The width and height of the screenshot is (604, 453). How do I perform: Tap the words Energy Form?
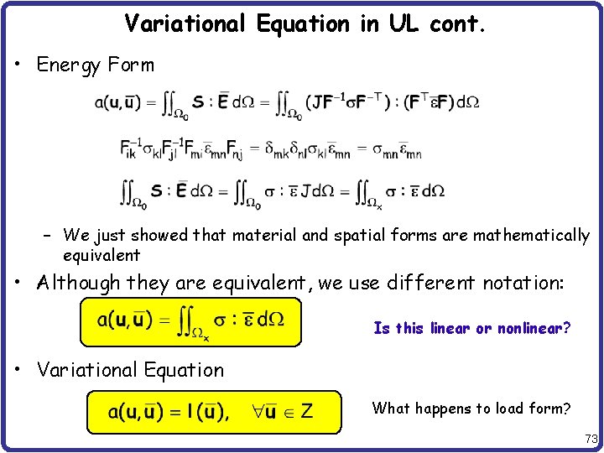[96, 65]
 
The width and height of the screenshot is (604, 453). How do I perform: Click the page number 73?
[591, 440]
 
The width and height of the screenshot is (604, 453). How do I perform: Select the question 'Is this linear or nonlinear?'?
[472, 328]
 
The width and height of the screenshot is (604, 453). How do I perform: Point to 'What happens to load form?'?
[472, 409]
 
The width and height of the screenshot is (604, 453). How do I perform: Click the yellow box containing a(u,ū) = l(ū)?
[214, 412]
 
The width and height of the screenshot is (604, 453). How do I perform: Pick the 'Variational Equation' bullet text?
[131, 370]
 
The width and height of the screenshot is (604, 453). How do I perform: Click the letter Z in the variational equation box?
[306, 412]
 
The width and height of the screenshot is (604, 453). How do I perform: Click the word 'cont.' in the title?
[457, 23]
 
